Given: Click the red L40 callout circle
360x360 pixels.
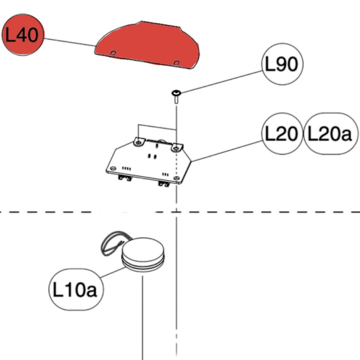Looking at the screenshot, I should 23,35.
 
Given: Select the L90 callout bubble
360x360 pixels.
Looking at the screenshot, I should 282,64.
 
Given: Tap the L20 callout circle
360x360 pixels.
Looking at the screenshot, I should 282,134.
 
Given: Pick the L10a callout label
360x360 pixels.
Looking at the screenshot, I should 75,290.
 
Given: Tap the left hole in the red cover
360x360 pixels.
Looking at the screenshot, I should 113,53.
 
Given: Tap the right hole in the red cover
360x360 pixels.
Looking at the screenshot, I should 176,63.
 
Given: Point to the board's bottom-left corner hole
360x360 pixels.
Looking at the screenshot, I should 113,168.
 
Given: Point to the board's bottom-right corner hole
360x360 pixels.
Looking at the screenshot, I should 177,178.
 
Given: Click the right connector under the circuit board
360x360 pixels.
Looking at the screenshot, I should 164,184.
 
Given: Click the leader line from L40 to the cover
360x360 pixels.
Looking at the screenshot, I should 69,42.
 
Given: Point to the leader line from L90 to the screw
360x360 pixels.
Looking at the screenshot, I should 223,82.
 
